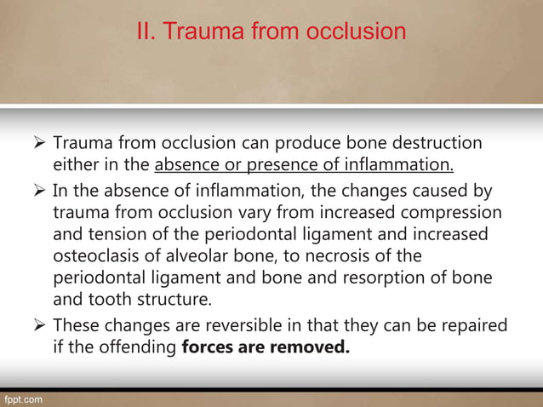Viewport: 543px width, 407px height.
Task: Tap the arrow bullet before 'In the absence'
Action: coord(38,188)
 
